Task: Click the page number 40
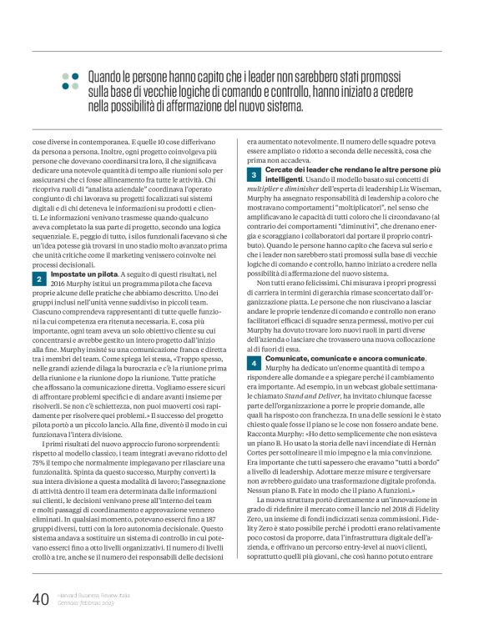click(x=40, y=599)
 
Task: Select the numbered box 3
click(x=253, y=174)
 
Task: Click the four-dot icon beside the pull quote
click(x=68, y=80)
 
